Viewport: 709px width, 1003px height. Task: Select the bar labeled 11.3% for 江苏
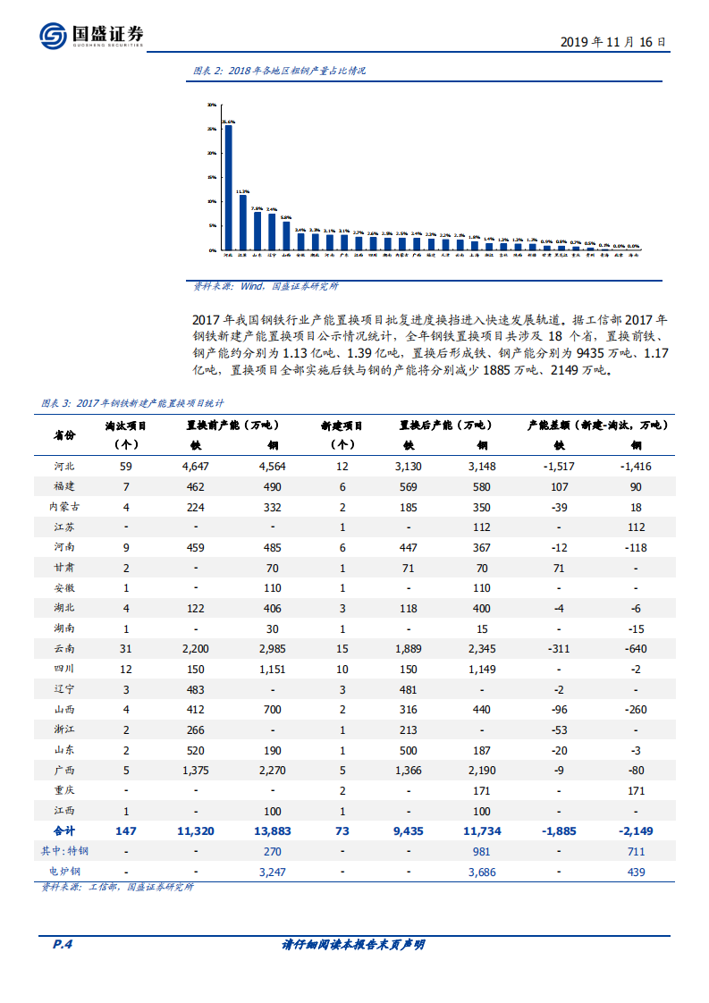point(243,222)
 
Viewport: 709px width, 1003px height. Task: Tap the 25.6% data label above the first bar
point(229,122)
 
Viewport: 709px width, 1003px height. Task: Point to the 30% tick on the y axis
point(212,105)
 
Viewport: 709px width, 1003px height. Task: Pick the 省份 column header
point(64,434)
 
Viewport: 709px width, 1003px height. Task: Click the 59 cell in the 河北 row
point(126,466)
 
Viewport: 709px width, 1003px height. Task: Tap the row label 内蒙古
point(64,507)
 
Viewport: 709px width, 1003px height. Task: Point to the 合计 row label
point(64,830)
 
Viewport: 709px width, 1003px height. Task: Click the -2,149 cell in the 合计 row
point(636,830)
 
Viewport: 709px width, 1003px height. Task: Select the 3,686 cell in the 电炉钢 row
point(482,871)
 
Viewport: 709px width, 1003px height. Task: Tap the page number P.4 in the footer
point(58,945)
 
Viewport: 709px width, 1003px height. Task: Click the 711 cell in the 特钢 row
point(636,851)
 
